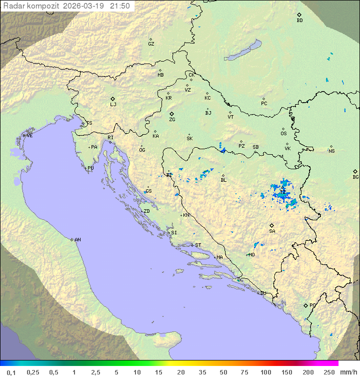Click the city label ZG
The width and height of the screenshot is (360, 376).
(172, 120)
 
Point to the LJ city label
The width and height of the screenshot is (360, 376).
(113, 105)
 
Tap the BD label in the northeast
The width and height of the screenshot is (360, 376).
(299, 21)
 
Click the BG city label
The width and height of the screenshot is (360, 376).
(355, 177)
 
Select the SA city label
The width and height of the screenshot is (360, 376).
(272, 231)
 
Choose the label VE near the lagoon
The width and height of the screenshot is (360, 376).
(29, 136)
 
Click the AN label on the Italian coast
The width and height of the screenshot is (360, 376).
(77, 240)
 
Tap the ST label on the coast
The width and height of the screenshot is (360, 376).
(198, 245)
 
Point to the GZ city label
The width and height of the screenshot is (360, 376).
(151, 44)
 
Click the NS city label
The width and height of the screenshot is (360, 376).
(331, 151)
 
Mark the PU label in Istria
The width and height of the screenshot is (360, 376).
(90, 168)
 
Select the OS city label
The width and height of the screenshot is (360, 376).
(283, 134)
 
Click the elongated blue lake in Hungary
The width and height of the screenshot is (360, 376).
(243, 51)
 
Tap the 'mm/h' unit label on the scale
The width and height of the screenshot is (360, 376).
(347, 372)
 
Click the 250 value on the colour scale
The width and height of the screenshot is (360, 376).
(329, 372)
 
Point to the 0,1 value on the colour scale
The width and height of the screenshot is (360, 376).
(11, 372)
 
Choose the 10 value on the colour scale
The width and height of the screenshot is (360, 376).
(137, 372)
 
